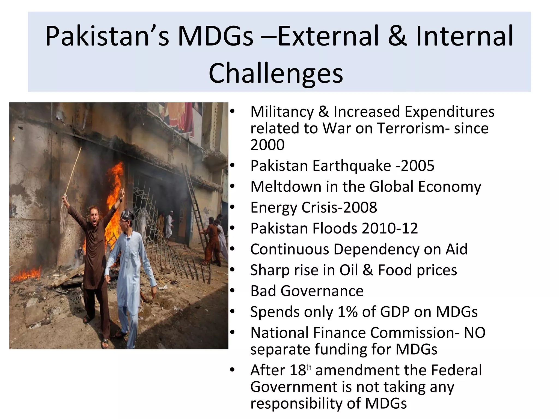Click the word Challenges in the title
[276, 73]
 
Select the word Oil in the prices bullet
[348, 270]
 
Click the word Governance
[322, 291]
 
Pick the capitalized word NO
[475, 333]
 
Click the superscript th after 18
[309, 367]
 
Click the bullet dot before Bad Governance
[232, 291]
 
